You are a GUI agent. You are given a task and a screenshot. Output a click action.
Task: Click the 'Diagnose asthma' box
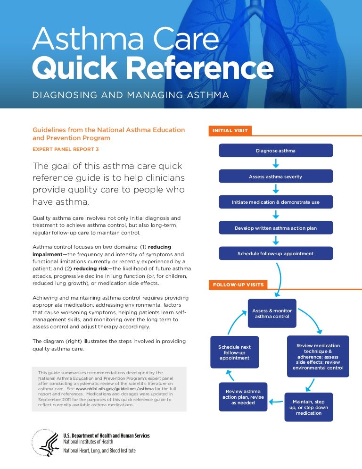click(x=276, y=151)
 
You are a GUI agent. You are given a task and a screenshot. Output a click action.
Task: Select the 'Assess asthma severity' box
click(x=276, y=176)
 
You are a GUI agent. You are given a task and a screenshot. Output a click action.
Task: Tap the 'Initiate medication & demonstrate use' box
click(x=276, y=202)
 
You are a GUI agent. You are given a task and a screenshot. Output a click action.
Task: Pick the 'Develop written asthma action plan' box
click(x=276, y=228)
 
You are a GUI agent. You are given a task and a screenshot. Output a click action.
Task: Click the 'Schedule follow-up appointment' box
click(x=276, y=253)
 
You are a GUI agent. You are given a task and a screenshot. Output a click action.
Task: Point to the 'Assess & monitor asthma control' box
click(x=272, y=314)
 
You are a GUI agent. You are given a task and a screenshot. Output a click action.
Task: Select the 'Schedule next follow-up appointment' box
click(x=234, y=352)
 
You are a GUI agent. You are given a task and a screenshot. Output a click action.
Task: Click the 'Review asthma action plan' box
click(x=243, y=397)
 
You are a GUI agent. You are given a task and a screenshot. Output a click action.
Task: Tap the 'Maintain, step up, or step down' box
click(x=309, y=407)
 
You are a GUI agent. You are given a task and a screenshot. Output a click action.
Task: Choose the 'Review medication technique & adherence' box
click(x=318, y=356)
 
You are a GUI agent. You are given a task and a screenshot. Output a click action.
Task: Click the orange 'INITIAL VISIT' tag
click(x=230, y=130)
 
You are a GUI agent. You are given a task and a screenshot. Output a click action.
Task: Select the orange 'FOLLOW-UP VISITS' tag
click(x=238, y=285)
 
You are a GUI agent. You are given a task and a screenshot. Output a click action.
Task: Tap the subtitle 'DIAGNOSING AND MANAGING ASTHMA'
click(x=131, y=95)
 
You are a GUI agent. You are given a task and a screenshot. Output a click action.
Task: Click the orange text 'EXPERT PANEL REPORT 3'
click(x=66, y=149)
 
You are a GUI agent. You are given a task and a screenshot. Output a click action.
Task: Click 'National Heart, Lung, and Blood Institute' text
click(x=99, y=451)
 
